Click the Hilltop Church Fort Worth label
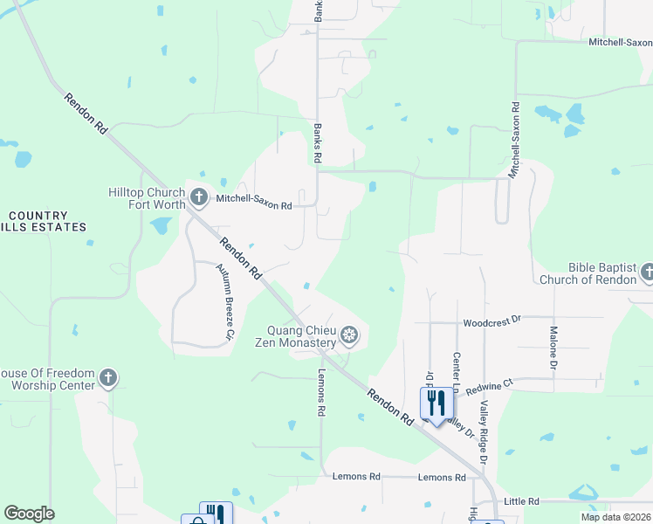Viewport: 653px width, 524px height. [x=146, y=198]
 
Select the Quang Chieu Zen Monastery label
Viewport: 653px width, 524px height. [x=302, y=336]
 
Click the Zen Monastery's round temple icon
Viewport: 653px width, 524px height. [x=349, y=334]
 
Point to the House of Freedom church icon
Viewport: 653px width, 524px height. [x=107, y=378]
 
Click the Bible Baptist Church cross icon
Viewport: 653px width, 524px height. [x=648, y=272]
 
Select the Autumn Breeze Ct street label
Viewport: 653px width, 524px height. [x=226, y=300]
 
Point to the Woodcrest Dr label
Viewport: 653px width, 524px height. [x=491, y=321]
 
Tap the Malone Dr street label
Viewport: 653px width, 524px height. [x=553, y=347]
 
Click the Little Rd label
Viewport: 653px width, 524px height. [x=521, y=501]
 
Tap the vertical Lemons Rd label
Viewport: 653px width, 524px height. [x=321, y=391]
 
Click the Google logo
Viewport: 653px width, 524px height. [x=29, y=514]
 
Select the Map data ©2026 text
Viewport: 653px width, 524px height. [x=615, y=517]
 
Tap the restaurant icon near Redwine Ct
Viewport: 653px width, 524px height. [x=436, y=402]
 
